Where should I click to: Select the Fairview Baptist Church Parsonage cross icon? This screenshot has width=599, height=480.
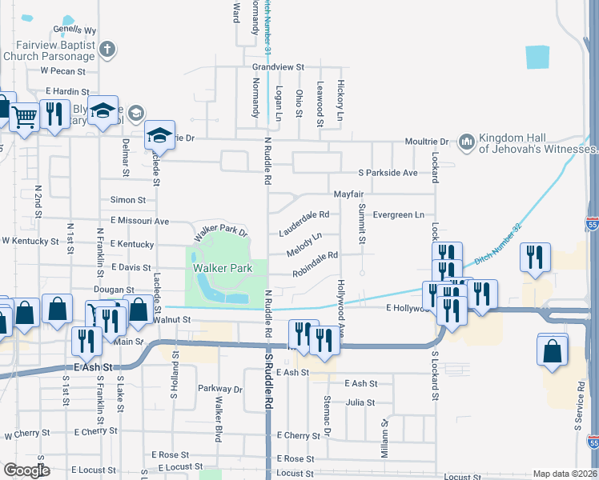pos(107,50)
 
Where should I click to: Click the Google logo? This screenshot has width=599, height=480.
pos(26,470)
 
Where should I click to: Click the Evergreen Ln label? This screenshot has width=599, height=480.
pos(398,214)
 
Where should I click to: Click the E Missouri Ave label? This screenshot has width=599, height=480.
pos(139,221)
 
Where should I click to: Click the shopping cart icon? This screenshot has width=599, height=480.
pos(25,117)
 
